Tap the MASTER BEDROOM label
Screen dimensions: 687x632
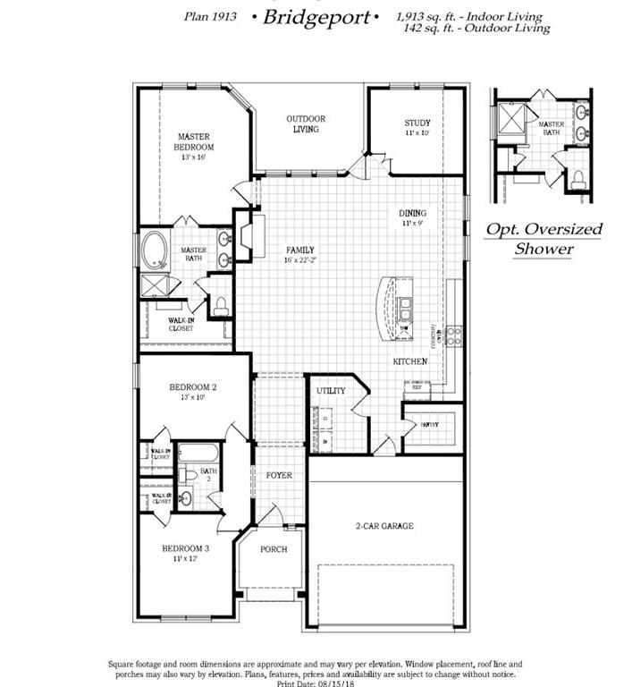tap(194, 142)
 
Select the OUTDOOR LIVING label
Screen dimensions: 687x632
tap(306, 123)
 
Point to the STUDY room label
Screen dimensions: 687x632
tap(417, 123)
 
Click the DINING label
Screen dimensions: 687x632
tap(413, 213)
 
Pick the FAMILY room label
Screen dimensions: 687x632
tap(300, 250)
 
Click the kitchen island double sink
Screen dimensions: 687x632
tap(407, 310)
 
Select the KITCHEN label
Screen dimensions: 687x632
tap(410, 361)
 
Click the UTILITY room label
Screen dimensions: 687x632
tap(331, 391)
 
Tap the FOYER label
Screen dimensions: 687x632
tap(279, 475)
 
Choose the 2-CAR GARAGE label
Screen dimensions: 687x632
tap(384, 526)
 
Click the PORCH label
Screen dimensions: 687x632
tap(274, 549)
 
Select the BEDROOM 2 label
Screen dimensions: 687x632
tap(193, 387)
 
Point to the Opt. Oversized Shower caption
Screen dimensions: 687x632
tap(544, 239)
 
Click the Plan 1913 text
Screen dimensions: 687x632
tap(210, 16)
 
